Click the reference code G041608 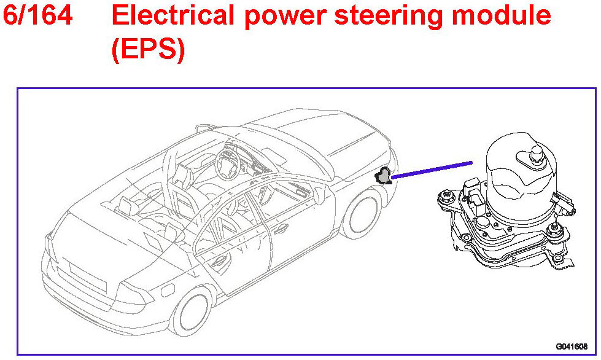tap(572, 346)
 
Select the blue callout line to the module tap(432, 170)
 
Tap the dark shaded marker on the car tap(384, 176)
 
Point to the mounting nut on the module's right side tap(557, 232)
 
